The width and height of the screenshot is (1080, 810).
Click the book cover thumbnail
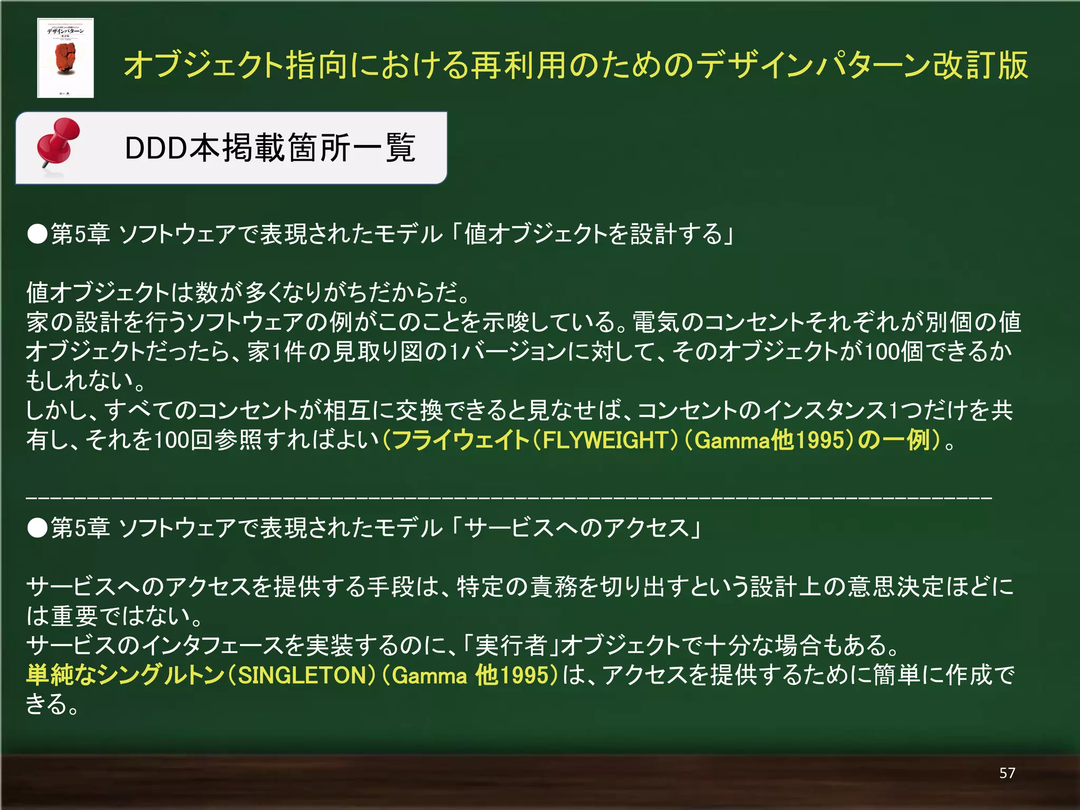coord(65,58)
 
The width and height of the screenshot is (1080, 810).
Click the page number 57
coord(1007,773)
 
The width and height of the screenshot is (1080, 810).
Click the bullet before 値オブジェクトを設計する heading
coord(37,234)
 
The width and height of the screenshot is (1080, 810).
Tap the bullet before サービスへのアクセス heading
coord(37,528)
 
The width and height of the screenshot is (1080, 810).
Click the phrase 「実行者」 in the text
coord(511,645)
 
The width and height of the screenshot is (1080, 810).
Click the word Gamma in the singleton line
coord(429,675)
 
